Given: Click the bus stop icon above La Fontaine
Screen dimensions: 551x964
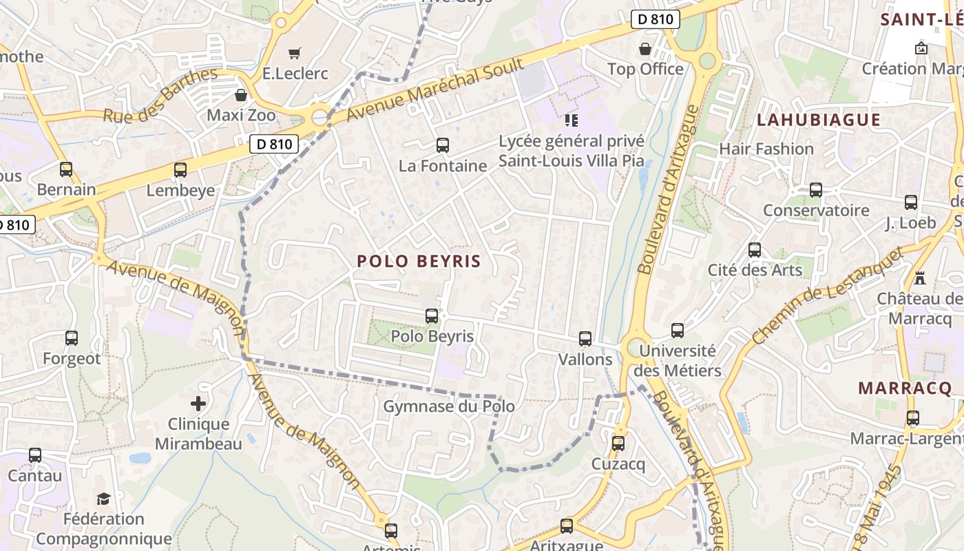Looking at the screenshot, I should click(x=443, y=145).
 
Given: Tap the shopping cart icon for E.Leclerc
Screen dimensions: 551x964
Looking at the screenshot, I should click(x=295, y=53).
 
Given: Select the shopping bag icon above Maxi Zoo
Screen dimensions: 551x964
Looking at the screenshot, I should click(x=241, y=95).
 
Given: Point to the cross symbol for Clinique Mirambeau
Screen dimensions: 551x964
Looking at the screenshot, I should click(x=198, y=404).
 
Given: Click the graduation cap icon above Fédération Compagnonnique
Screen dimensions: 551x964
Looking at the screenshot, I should click(x=103, y=499).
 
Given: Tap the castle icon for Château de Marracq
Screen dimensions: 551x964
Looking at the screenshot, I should click(x=920, y=278).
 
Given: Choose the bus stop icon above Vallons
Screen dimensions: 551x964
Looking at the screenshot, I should click(x=585, y=339).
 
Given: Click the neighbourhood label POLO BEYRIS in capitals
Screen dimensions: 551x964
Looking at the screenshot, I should click(x=419, y=262).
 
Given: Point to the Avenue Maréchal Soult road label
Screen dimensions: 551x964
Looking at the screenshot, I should click(x=434, y=90).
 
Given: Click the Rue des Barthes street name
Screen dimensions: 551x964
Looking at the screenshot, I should click(x=160, y=94).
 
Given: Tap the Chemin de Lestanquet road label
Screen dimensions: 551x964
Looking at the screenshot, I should click(x=826, y=296).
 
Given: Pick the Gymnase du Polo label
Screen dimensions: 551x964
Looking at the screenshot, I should click(x=449, y=406).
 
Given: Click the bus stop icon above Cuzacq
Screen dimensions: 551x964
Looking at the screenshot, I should click(x=618, y=444).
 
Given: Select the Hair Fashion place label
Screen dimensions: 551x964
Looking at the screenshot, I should click(x=766, y=149).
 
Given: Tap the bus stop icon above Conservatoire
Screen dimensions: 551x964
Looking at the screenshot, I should click(x=816, y=190).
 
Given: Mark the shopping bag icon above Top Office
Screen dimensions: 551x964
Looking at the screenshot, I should click(x=645, y=49).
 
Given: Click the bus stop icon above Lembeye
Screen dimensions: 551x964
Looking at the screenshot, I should click(x=180, y=169).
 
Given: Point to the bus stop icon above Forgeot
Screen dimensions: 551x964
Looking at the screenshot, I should click(x=72, y=338).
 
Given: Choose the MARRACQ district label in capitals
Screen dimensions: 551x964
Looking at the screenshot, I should click(x=905, y=388).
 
